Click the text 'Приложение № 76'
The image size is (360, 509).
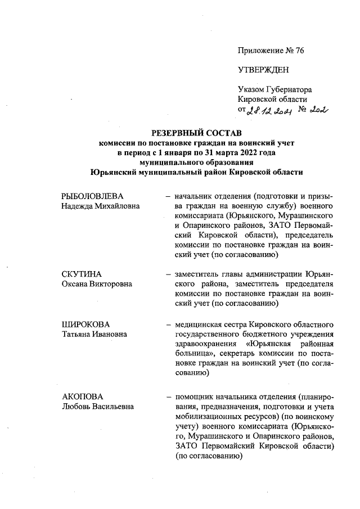pyautogui.click(x=271, y=51)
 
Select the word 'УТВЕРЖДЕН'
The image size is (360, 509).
pyautogui.click(x=264, y=70)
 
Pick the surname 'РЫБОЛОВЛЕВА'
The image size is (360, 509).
pyautogui.click(x=92, y=196)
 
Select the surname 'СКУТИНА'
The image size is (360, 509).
pyautogui.click(x=81, y=274)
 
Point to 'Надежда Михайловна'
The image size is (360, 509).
pyautogui.click(x=100, y=206)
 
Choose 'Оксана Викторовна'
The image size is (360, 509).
pyautogui.click(x=97, y=283)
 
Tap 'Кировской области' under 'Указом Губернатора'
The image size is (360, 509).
pyautogui.click(x=272, y=100)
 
